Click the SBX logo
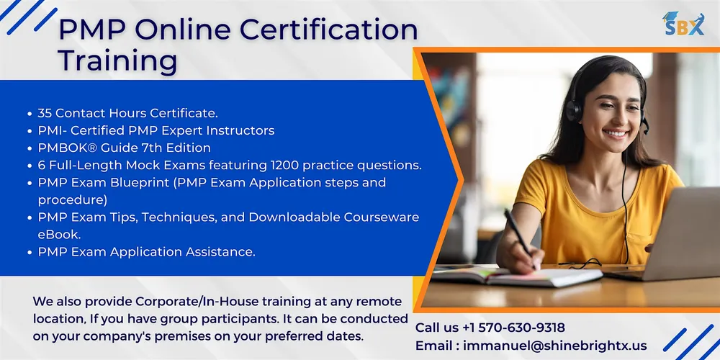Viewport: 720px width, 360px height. [683, 24]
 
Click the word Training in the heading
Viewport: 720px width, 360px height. [118, 60]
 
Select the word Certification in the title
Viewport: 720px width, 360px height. [329, 31]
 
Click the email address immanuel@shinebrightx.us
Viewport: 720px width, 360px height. [555, 346]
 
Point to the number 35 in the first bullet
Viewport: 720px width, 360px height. [45, 113]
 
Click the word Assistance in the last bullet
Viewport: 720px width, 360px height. [220, 251]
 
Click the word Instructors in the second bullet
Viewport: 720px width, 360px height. [240, 130]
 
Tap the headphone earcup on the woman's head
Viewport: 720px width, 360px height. [574, 110]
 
